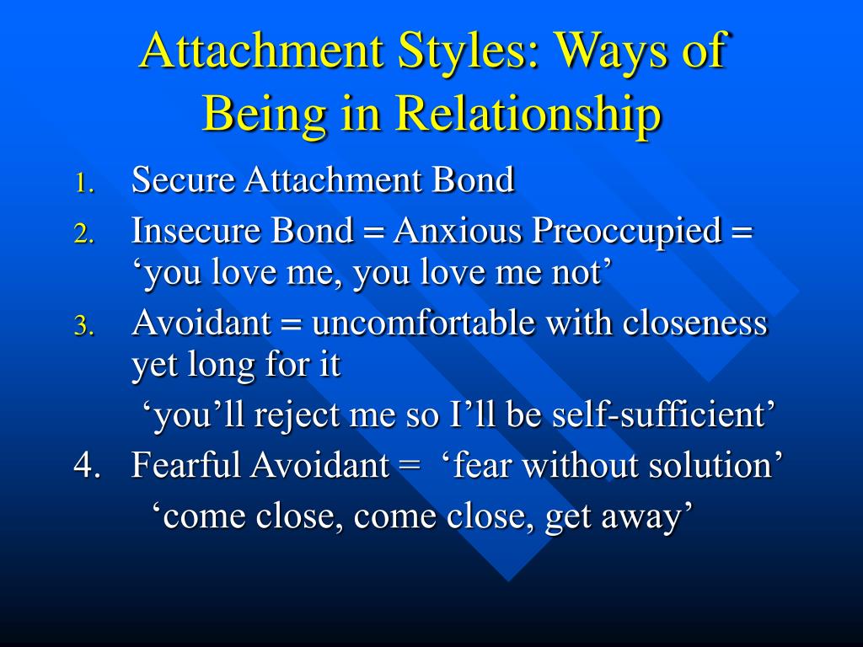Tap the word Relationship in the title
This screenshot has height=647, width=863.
[528, 113]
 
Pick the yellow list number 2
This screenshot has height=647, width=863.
[84, 233]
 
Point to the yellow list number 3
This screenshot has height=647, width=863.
[84, 326]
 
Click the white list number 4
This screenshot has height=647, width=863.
[87, 465]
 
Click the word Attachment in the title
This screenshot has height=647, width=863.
[262, 51]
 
